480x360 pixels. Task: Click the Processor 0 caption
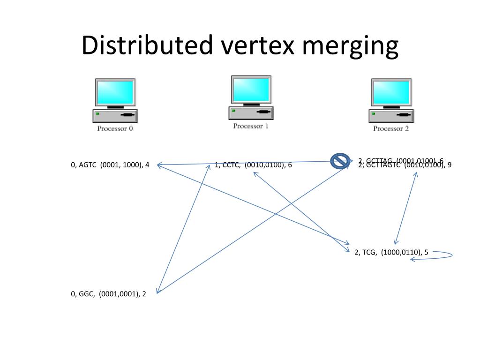click(x=115, y=128)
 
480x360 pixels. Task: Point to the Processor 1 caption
click(x=251, y=126)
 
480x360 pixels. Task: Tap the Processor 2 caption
click(x=391, y=128)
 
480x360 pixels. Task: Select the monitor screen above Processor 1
click(x=251, y=90)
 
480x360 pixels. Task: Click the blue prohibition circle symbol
click(x=340, y=161)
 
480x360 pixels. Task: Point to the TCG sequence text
click(x=369, y=252)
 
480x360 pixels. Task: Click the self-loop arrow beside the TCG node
click(x=443, y=255)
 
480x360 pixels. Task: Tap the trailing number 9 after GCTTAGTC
click(x=449, y=165)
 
